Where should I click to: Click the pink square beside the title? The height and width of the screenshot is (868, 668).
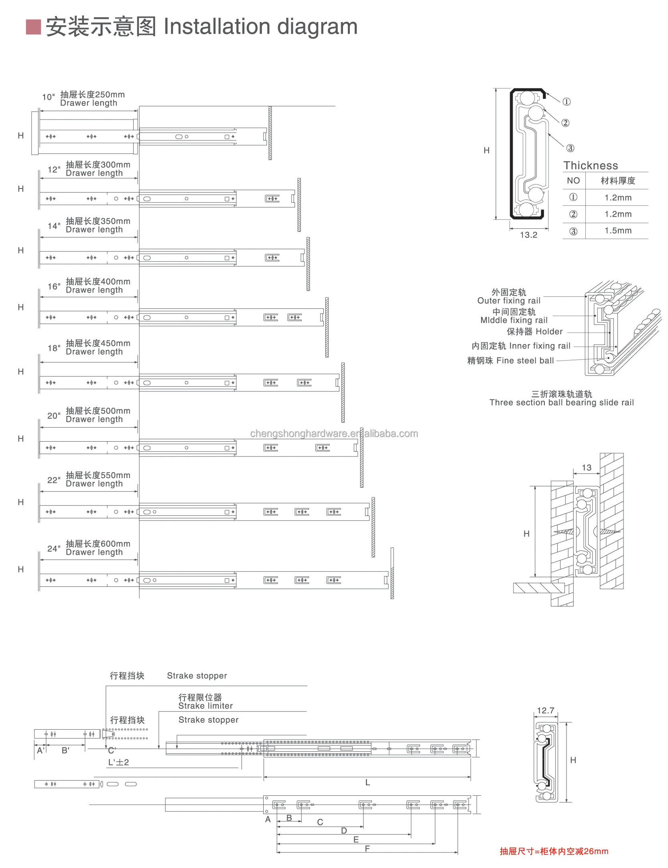[x=33, y=27]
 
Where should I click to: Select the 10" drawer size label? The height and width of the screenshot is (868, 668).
[x=48, y=97]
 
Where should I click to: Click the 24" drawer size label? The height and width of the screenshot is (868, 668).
[x=54, y=548]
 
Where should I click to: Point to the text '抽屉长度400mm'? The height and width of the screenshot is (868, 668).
[x=98, y=282]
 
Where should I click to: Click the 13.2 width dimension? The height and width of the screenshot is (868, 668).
[x=528, y=235]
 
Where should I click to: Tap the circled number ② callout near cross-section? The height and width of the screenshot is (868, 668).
[x=565, y=123]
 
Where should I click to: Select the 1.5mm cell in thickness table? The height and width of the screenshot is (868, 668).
[x=618, y=231]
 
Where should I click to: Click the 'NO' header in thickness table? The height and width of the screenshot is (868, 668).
[x=573, y=180]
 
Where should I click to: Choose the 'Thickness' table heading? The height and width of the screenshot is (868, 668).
[x=591, y=166]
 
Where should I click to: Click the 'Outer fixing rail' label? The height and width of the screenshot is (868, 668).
[x=509, y=301]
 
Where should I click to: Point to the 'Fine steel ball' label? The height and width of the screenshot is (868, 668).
[x=525, y=361]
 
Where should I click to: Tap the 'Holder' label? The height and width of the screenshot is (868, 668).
[x=549, y=332]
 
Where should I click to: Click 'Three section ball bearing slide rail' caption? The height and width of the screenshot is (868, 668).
[x=561, y=403]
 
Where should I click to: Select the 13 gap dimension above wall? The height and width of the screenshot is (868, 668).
[x=586, y=468]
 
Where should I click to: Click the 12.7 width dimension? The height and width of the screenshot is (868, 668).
[x=546, y=711]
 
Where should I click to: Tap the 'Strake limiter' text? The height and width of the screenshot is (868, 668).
[x=205, y=706]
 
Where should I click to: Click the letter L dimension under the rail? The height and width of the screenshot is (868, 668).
[x=368, y=783]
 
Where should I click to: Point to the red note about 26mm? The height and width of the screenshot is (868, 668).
[x=554, y=851]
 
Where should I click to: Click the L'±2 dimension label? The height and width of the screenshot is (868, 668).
[x=118, y=763]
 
